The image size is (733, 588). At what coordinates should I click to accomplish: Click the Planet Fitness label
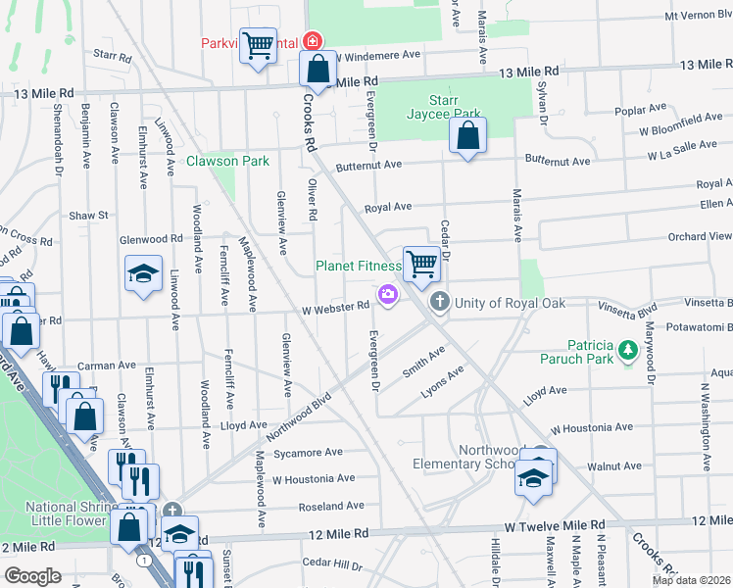point(358,266)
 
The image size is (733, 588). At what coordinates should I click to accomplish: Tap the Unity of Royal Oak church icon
point(440,302)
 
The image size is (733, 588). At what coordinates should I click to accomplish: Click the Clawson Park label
point(227,161)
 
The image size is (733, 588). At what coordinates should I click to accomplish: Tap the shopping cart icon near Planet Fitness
point(420,264)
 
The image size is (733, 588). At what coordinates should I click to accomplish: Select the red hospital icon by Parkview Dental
point(312,41)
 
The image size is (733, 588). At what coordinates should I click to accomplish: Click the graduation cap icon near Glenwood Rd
point(143,273)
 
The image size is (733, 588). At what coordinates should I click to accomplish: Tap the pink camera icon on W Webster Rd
point(388,294)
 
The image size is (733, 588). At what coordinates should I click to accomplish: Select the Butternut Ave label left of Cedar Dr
point(367,166)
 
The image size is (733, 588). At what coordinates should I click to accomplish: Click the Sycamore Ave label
point(309,452)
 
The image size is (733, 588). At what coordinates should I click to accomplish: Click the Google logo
point(33,576)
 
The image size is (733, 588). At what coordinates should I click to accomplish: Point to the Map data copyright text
point(691,580)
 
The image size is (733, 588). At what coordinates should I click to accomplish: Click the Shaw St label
point(87,215)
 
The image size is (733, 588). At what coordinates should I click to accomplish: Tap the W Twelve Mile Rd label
point(562,527)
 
